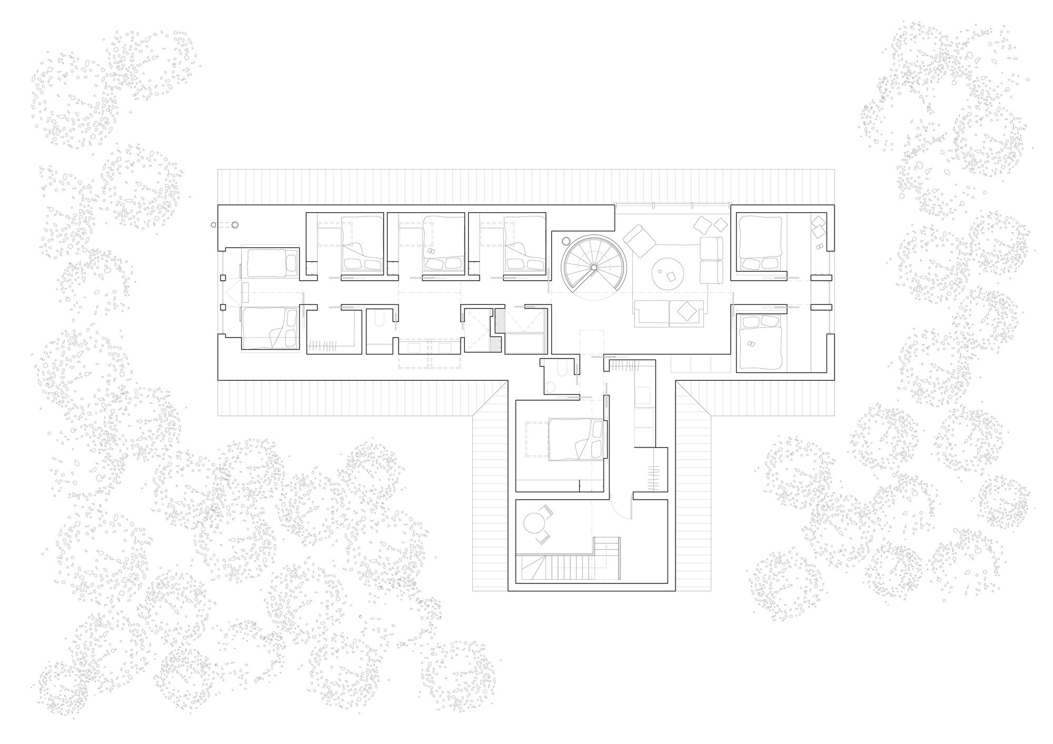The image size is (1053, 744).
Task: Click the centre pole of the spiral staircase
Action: coord(593,267)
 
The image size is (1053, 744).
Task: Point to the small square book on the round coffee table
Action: coord(671,275)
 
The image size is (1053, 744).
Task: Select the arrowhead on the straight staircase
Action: coord(610,548)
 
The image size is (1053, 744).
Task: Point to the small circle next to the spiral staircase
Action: coord(566,241)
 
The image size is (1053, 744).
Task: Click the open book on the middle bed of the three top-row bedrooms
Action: coord(431,252)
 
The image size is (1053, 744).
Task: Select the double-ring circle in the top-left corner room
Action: coord(235,225)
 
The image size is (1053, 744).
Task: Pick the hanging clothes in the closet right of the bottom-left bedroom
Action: coord(322,345)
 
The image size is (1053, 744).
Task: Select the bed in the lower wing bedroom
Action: coord(575,440)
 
